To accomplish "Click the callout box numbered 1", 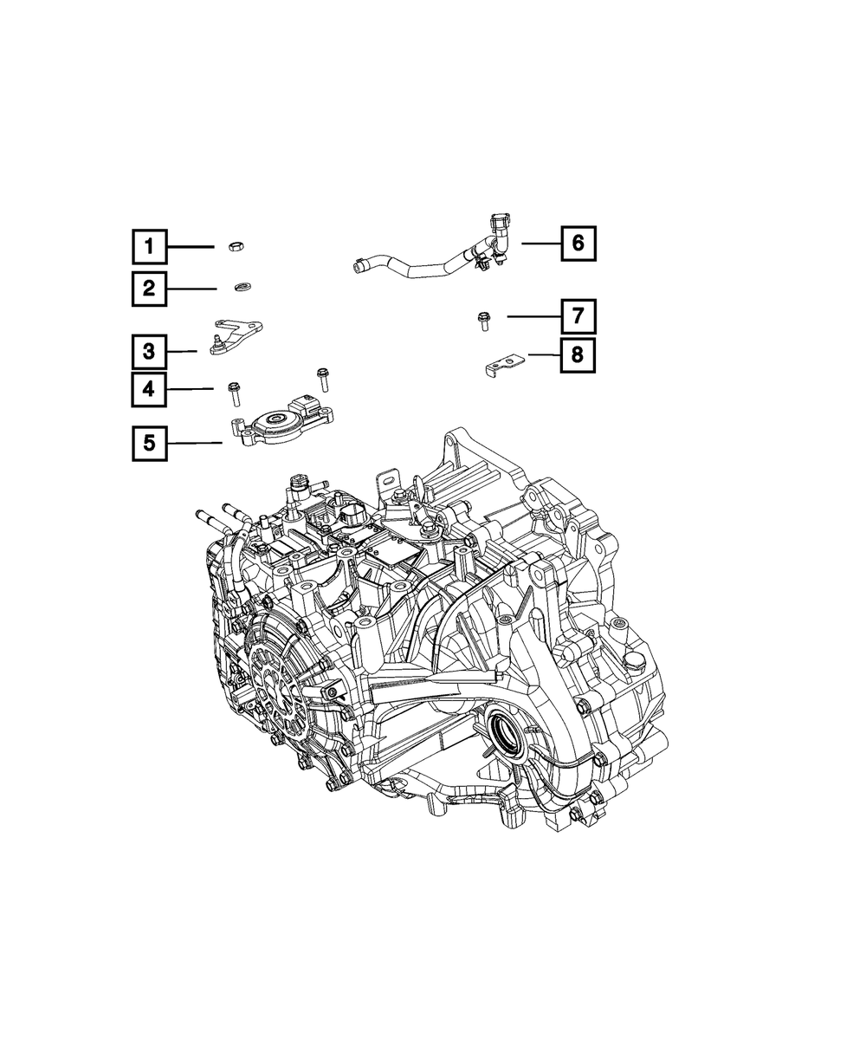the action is pyautogui.click(x=150, y=246).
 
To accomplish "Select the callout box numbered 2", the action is pyautogui.click(x=149, y=289).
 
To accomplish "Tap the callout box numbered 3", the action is pyautogui.click(x=149, y=351).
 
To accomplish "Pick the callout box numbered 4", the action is pyautogui.click(x=149, y=389).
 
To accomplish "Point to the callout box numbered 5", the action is pyautogui.click(x=150, y=444).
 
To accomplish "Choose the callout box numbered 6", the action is pyautogui.click(x=578, y=244).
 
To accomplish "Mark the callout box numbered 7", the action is pyautogui.click(x=578, y=316).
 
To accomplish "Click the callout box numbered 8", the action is pyautogui.click(x=578, y=355).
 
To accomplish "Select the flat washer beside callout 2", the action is pyautogui.click(x=242, y=287).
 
